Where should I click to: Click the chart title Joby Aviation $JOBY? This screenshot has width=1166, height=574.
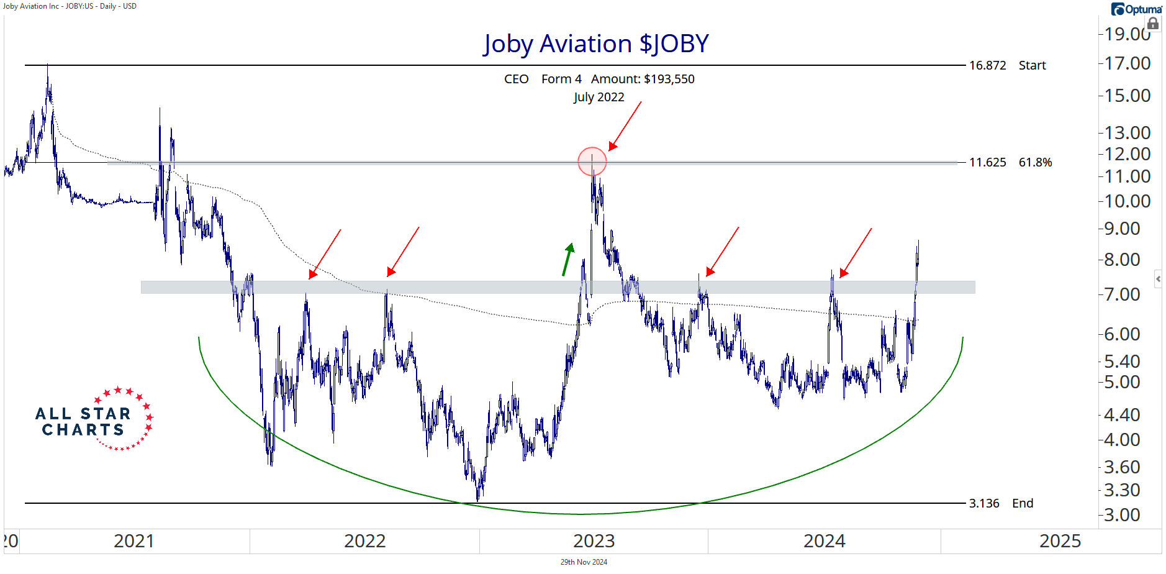pos(596,44)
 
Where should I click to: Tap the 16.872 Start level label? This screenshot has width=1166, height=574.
pos(1007,65)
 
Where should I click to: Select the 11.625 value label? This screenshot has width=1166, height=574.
pos(987,162)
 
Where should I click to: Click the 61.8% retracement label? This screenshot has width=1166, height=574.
pos(1035,162)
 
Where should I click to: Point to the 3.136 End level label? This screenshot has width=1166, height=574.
pos(1001,503)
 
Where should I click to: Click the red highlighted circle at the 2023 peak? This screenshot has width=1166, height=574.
pos(592,162)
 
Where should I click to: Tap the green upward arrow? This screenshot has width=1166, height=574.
pos(567,259)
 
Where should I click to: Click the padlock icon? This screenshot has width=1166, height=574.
pos(1152,24)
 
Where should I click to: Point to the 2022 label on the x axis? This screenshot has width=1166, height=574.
pos(364,541)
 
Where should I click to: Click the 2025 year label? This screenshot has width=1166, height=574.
pos(1060,541)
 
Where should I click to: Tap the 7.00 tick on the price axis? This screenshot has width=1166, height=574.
pos(1122,294)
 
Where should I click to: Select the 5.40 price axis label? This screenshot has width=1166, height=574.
pos(1122,362)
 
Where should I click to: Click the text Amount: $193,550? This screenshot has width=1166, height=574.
pos(643,79)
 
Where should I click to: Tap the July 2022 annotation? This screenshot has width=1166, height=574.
pos(599,97)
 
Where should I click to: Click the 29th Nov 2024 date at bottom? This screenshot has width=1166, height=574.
pos(584,562)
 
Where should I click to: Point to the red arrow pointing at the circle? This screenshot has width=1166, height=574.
pos(625,126)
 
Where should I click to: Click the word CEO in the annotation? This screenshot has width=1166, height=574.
pos(516,79)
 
